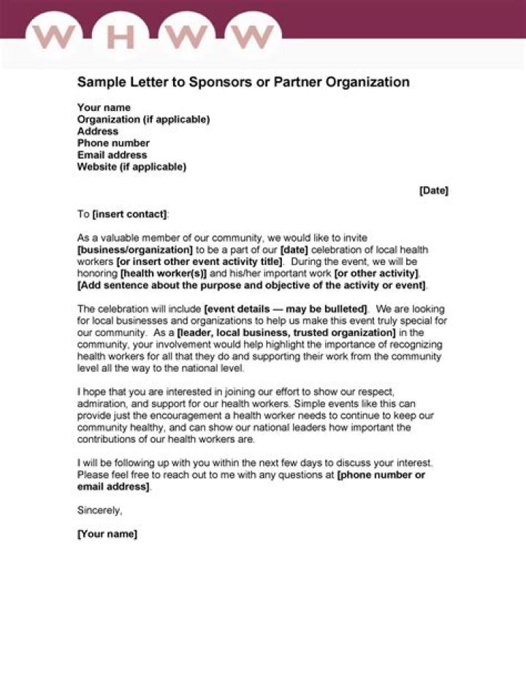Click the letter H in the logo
point(121,37)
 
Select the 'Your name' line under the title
point(104,107)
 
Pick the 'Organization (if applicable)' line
point(143,119)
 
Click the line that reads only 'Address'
point(97,131)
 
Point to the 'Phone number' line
point(113,143)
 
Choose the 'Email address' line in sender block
point(112,155)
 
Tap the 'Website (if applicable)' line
point(131,167)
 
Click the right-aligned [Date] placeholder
point(433,191)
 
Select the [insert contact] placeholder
point(129,214)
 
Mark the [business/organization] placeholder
point(135,249)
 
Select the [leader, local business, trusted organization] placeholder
point(286,332)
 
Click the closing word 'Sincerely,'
point(99,510)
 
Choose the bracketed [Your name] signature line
point(107,534)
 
